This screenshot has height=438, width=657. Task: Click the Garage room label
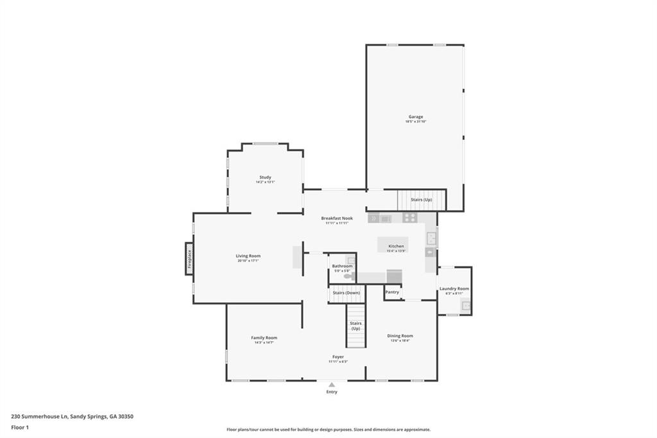[x=414, y=117]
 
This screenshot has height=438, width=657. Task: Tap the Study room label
[x=265, y=177]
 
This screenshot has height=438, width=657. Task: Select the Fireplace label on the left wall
[x=189, y=258]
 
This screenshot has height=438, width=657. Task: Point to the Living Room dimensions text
[x=248, y=261]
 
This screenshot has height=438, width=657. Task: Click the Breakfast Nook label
[x=337, y=218]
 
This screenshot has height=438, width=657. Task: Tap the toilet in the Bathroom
[x=348, y=276]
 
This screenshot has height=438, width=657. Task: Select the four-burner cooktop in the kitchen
[x=409, y=218]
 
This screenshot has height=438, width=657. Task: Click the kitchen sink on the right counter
[x=431, y=239]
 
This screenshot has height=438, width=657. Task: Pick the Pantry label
[x=392, y=292]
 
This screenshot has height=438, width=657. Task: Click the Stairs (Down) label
[x=346, y=293]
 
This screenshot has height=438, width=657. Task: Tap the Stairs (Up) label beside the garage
[x=421, y=200]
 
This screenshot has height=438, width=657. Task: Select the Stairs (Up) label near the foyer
[x=355, y=326]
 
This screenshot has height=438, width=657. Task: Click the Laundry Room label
[x=454, y=289]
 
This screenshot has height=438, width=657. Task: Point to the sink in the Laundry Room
[x=466, y=306]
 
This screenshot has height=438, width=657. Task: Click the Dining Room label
[x=400, y=336]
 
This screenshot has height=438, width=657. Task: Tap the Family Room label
[x=264, y=338]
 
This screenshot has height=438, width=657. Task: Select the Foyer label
[x=337, y=357]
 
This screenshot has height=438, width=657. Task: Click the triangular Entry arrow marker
[x=332, y=385]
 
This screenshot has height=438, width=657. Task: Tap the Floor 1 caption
[x=20, y=427]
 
